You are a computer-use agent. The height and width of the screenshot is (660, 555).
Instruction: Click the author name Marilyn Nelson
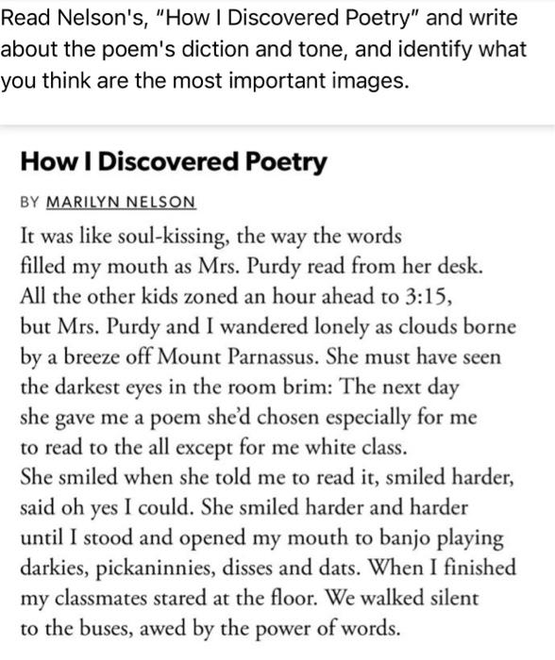click(121, 203)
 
